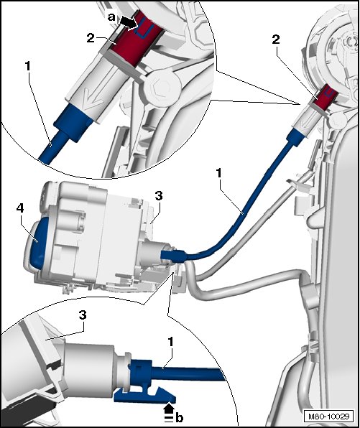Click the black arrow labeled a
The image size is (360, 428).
[129, 22]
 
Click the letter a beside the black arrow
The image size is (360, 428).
[111, 17]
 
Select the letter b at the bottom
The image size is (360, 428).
[179, 418]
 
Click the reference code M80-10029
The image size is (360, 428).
[329, 417]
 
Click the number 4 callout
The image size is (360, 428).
[20, 208]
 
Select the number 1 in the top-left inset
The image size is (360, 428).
[27, 66]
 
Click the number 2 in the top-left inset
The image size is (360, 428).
[91, 38]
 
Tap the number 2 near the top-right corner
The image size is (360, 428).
[276, 39]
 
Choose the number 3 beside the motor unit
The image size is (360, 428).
[159, 196]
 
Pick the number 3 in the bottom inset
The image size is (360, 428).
[83, 315]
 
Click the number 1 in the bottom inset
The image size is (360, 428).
[171, 342]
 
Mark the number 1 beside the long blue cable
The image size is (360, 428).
[218, 173]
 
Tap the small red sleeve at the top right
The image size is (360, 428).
[325, 98]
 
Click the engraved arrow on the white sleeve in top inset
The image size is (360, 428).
[93, 98]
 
